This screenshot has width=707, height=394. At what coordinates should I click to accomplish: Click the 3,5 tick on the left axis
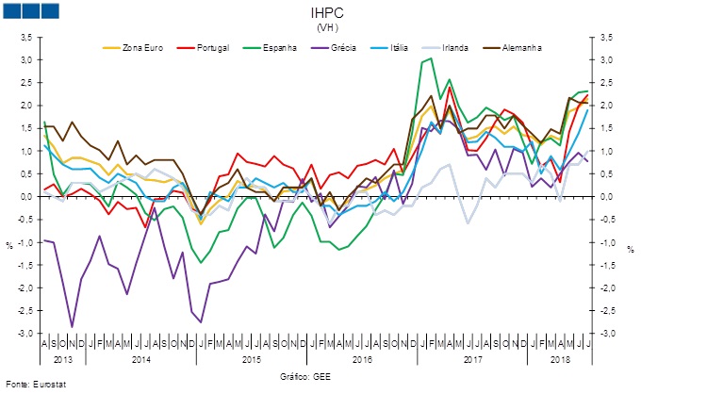25,37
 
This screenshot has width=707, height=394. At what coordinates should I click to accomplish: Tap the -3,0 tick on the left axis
24,334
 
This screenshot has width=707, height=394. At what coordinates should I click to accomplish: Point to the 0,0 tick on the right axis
609,197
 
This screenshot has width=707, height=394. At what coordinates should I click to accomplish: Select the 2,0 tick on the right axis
609,106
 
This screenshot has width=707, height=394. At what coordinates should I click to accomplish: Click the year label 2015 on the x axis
251,360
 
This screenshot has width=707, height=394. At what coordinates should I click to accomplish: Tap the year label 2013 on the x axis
63,360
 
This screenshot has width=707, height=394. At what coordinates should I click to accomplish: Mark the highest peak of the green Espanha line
431,58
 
